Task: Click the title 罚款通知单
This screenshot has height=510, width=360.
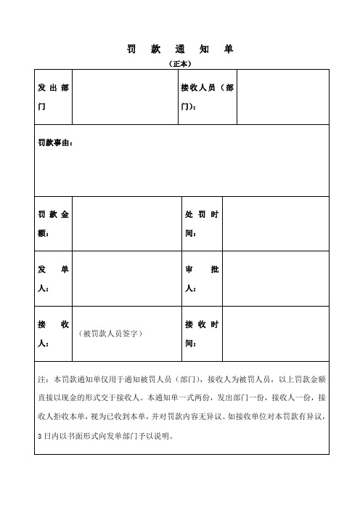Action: point(179,49)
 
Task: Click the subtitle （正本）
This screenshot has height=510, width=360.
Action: point(179,63)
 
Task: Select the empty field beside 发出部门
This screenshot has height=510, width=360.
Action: point(125,97)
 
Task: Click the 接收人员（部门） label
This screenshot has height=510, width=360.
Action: point(207,97)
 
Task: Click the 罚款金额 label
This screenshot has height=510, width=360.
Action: point(53,224)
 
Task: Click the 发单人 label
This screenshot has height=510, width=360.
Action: point(53,279)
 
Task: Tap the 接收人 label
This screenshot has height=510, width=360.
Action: point(53,333)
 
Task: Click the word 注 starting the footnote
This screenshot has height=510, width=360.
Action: point(41,379)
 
